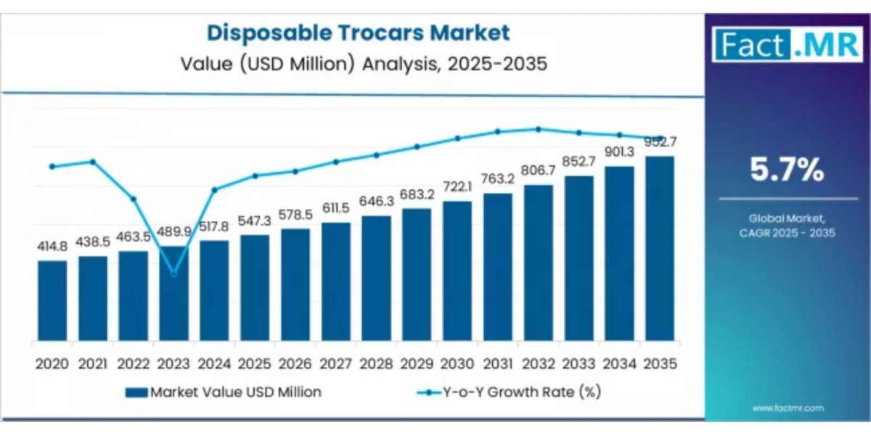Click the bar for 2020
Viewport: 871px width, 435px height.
click(52, 301)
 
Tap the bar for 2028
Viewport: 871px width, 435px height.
click(376, 279)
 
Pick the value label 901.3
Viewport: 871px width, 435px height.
click(619, 152)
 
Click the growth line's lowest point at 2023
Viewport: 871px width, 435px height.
click(173, 273)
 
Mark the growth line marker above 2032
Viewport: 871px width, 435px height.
click(538, 129)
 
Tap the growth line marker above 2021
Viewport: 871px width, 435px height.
click(93, 161)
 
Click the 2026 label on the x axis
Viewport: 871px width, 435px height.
click(295, 362)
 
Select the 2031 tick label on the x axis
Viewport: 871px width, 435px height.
click(497, 362)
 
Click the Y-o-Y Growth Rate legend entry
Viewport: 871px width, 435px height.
click(508, 392)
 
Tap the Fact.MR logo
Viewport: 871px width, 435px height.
click(788, 45)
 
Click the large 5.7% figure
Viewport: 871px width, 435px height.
click(787, 170)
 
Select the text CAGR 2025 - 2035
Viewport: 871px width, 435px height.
click(788, 233)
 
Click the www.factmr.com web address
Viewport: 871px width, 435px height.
click(788, 409)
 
